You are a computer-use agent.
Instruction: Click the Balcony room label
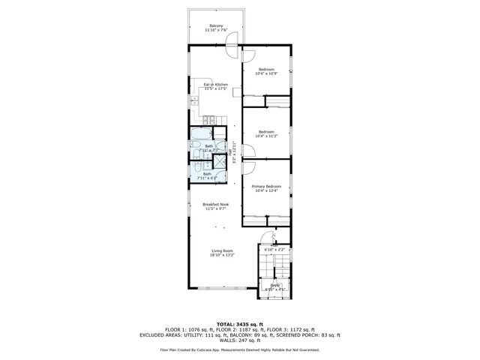(216, 25)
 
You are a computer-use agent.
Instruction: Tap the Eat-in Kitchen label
(216, 85)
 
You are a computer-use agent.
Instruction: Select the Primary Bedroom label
(266, 186)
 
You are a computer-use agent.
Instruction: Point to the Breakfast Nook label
(215, 205)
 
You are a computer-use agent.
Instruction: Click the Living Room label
(222, 250)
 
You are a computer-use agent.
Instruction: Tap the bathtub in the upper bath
(201, 135)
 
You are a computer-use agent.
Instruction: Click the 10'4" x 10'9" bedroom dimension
(266, 73)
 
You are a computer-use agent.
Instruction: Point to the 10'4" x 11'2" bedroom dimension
(266, 136)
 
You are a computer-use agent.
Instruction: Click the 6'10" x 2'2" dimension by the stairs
(274, 249)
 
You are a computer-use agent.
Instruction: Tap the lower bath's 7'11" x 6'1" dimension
(207, 178)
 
